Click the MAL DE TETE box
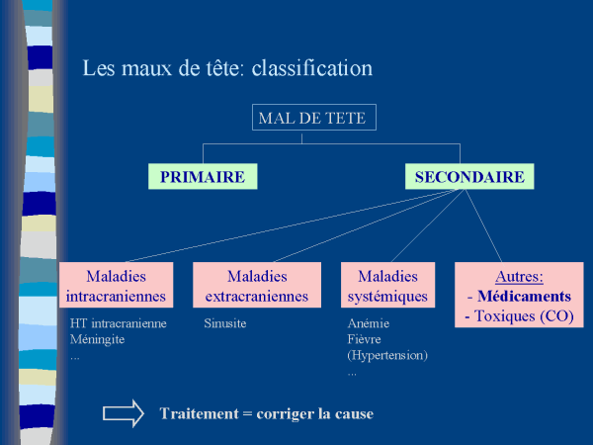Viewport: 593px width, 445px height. coord(311,119)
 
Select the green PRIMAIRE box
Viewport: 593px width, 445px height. coord(203,177)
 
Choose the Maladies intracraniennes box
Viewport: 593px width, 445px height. coord(116,286)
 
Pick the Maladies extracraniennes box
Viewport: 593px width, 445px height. coord(257,286)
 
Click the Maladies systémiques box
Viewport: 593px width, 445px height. coord(387,286)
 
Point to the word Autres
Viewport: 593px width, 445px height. coord(519,277)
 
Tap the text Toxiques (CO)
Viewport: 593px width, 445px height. coord(525,316)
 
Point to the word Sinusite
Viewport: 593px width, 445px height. coord(225,323)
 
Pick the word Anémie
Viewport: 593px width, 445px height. coord(370,323)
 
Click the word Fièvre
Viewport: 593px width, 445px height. coord(366,339)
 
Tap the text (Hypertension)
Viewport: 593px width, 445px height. coord(387,355)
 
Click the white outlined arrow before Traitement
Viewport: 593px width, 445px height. coord(124,413)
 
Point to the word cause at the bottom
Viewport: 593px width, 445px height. coord(354,413)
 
